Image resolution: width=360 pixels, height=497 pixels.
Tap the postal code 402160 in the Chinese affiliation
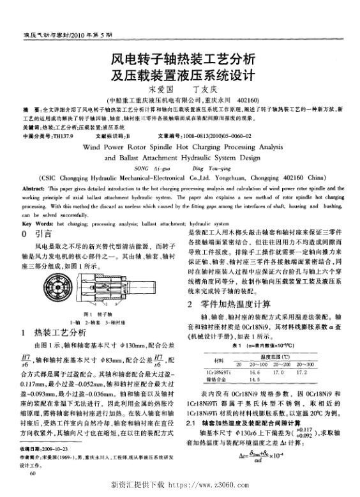tap(246, 100)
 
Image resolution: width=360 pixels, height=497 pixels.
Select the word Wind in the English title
tap(112, 146)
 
